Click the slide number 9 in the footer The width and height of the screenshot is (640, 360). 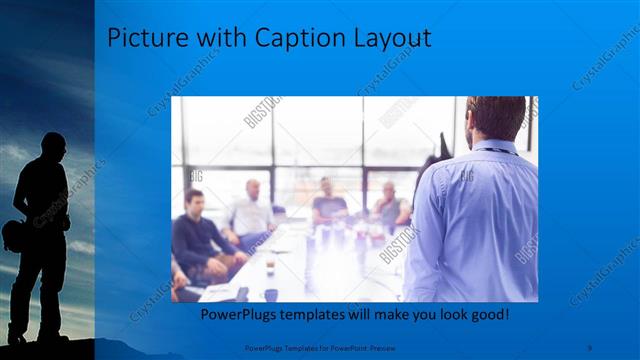pyautogui.click(x=590, y=347)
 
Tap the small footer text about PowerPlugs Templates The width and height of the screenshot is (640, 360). pyautogui.click(x=320, y=347)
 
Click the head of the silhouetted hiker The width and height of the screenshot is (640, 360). pyautogui.click(x=46, y=146)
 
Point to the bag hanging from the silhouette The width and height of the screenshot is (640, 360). pyautogui.click(x=15, y=236)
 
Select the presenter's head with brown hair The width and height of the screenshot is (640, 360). pyautogui.click(x=496, y=119)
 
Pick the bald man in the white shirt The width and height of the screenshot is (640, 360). pyautogui.click(x=252, y=210)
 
